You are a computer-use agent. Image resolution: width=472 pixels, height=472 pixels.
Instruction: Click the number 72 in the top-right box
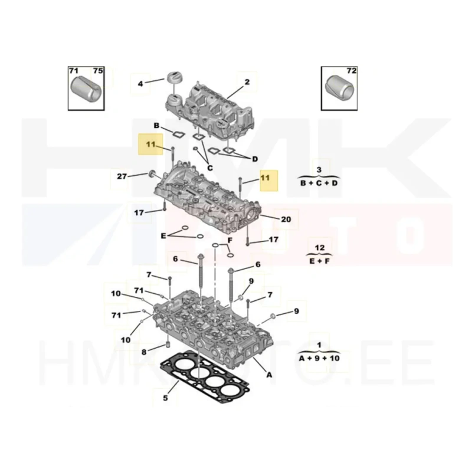pos(351,70)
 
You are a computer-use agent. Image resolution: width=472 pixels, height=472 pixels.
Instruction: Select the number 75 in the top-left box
pos(98,70)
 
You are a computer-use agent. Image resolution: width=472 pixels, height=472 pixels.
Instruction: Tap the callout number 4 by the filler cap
pos(140,84)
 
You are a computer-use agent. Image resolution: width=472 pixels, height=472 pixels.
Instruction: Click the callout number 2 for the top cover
pos(247,81)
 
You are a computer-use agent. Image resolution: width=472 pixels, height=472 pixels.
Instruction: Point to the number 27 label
pos(122,176)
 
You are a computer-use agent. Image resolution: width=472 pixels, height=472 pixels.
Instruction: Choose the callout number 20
pos(286,219)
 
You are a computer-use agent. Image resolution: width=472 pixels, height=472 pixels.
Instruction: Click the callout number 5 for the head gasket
pos(165,398)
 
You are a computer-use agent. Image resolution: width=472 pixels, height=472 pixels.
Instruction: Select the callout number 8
pos(144,352)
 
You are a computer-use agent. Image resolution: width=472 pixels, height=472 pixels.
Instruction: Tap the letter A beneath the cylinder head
pos(269,375)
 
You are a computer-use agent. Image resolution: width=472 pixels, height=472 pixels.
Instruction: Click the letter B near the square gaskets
pos(156,125)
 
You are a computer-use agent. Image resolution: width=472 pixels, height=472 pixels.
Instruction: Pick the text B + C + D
pos(319,183)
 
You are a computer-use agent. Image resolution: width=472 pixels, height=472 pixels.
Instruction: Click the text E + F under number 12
pos(319,261)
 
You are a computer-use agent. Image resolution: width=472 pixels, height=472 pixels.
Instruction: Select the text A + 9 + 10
pos(319,358)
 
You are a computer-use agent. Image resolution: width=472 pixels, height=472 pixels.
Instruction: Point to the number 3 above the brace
pos(319,170)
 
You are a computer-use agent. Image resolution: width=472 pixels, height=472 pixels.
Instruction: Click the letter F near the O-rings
pos(230,240)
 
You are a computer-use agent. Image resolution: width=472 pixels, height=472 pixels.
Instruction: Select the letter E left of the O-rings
pos(163,235)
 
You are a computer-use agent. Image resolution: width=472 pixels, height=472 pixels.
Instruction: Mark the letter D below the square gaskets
pos(255,159)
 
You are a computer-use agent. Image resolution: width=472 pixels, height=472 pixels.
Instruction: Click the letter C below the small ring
pos(210,168)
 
